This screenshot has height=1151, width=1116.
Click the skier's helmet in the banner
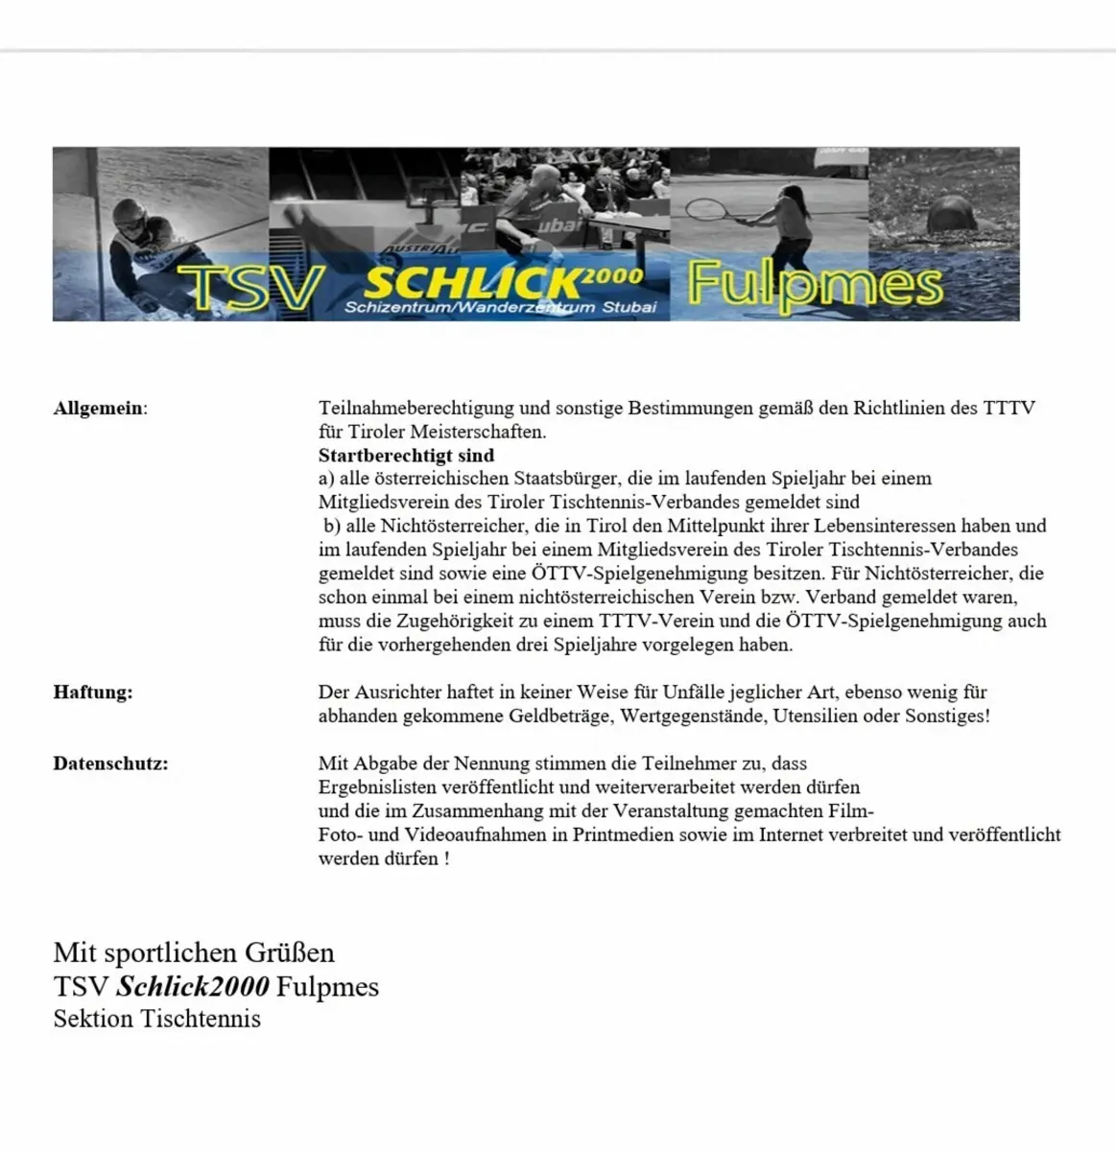pos(131,220)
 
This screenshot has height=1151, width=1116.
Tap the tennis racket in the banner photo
pos(703,208)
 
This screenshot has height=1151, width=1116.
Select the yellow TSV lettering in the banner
pos(251,286)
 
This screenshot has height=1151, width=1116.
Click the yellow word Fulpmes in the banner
pos(815,285)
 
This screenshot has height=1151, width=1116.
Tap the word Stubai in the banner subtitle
pos(629,307)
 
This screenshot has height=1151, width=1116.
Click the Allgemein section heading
pos(100,408)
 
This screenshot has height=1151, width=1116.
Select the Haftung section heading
pos(93,692)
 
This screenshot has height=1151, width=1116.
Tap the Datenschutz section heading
pos(110,763)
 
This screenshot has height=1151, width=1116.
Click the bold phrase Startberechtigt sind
pos(406,456)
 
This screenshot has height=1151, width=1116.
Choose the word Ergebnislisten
pos(377,787)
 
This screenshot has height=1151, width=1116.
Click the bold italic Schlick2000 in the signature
pos(193,986)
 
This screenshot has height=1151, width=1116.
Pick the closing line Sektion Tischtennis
pos(156,1019)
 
